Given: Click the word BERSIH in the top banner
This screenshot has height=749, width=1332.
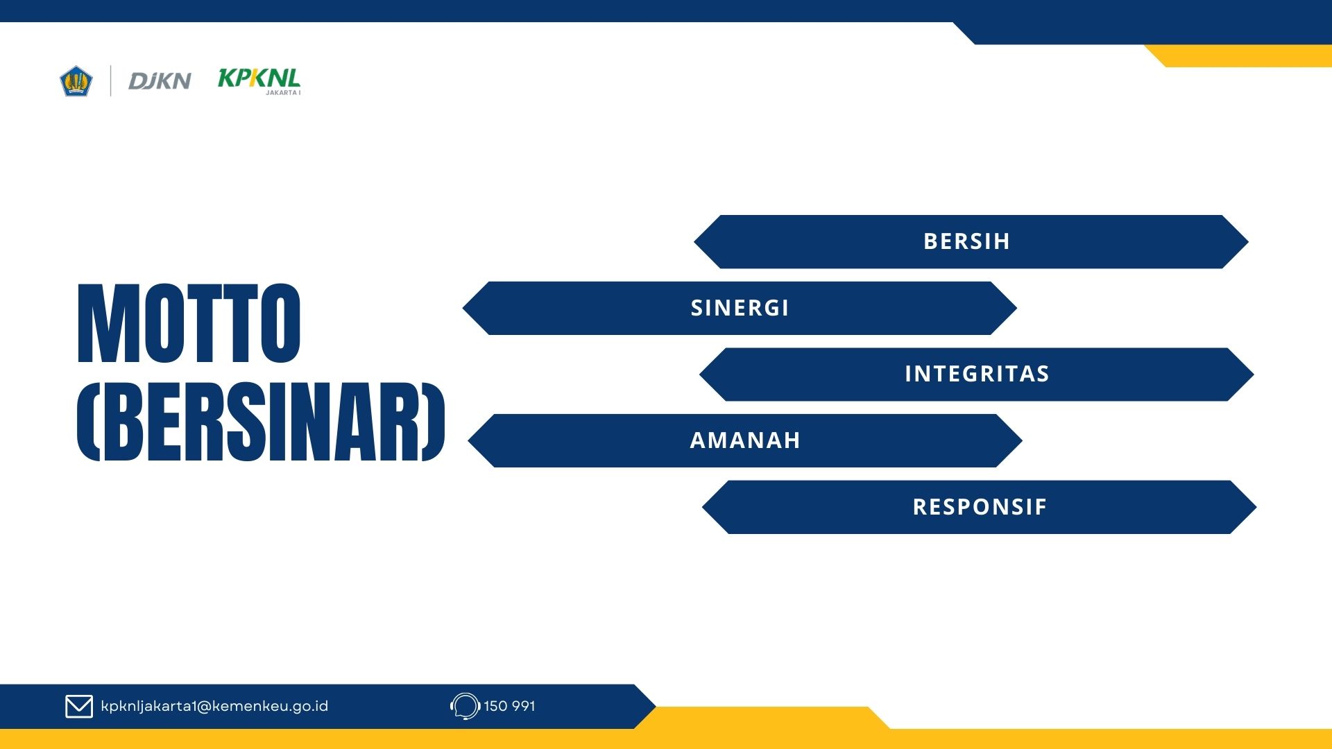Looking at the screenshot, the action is click(966, 241).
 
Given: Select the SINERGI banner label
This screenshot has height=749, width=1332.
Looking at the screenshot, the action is click(740, 308).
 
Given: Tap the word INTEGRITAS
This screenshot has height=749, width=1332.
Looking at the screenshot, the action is click(977, 374).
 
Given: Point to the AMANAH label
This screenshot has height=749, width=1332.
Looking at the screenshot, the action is click(745, 440).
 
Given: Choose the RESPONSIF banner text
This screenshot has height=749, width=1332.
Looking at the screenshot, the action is click(980, 507).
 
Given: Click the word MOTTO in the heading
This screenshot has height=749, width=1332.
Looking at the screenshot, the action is click(189, 323).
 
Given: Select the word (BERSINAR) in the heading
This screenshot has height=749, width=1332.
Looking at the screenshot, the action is click(261, 422).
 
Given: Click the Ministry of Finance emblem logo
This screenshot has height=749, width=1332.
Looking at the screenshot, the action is click(76, 81).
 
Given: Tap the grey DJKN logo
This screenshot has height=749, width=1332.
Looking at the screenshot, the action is click(160, 81).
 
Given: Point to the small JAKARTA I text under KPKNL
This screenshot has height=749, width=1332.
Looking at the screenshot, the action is click(283, 92).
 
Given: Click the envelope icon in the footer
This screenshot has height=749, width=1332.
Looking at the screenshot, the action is click(79, 706).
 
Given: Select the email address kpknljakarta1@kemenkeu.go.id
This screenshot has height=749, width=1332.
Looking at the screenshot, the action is click(214, 706).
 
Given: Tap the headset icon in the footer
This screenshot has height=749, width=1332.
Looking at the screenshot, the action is click(465, 706).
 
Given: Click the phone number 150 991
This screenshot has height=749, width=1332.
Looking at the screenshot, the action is click(509, 706).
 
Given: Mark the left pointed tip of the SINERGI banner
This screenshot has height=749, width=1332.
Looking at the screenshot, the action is click(463, 308).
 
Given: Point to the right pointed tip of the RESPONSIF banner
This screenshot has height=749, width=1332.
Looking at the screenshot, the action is click(1256, 507).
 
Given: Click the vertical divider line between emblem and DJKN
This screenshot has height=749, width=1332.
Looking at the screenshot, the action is click(111, 81).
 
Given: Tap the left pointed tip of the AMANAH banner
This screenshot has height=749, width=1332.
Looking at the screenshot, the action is click(469, 440).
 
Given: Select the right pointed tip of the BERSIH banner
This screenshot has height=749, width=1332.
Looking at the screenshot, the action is click(1248, 241).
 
